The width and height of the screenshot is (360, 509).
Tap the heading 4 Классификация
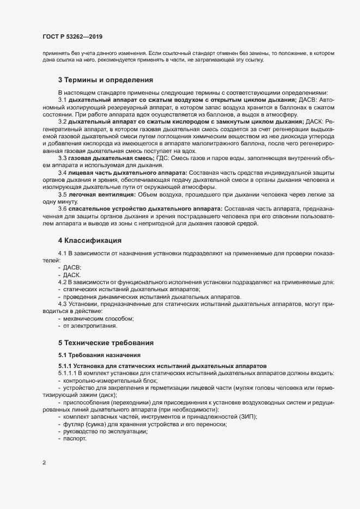89,240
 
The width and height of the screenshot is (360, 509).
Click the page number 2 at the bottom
43,463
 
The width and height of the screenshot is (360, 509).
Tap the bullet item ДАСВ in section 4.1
72,268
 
